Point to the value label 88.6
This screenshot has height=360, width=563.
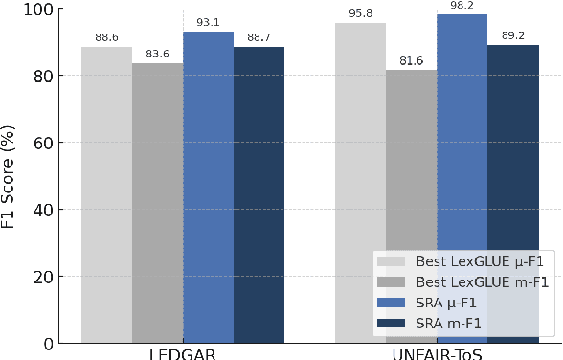[x=106, y=37]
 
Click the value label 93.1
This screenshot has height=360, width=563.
[x=208, y=22]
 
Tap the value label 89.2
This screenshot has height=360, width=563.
[x=512, y=35]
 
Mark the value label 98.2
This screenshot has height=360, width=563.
[x=462, y=6]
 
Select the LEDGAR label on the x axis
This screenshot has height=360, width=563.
[x=182, y=353]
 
